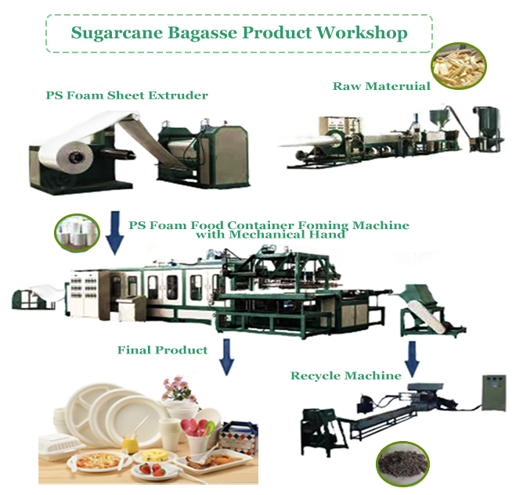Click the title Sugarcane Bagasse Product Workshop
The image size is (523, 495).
coord(239,33)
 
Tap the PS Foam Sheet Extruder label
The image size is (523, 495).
coord(127,95)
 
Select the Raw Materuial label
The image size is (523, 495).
coord(381,86)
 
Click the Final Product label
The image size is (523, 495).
coord(162,350)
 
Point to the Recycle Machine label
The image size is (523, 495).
coord(345,376)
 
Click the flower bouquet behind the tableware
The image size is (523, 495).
coord(179,389)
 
